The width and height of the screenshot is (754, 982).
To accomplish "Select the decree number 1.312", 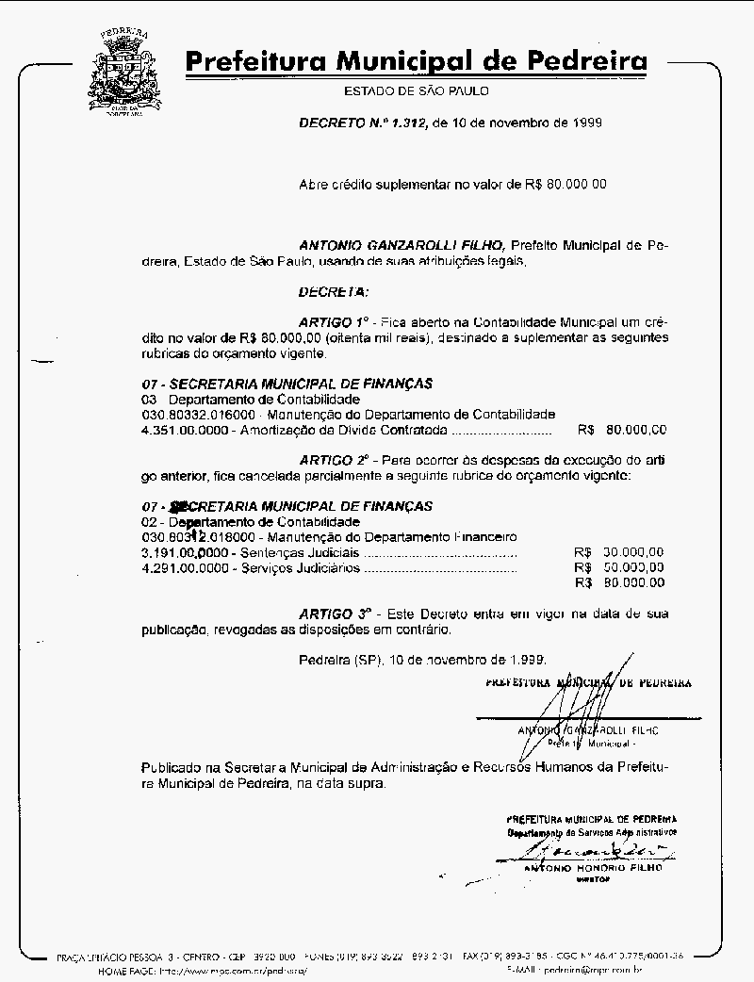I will tap(407, 123).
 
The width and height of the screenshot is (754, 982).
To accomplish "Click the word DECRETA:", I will tap(334, 291).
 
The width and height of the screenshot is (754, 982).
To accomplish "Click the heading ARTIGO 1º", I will tap(336, 321).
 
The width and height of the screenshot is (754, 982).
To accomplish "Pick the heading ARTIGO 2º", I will tap(336, 459).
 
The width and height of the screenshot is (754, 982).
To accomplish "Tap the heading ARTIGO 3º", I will tap(336, 613).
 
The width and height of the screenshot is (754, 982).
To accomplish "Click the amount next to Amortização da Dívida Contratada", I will tap(622, 430).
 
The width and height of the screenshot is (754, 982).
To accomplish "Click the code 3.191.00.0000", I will tap(184, 552).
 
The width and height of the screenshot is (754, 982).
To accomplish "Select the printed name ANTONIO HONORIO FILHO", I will tap(592, 867).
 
